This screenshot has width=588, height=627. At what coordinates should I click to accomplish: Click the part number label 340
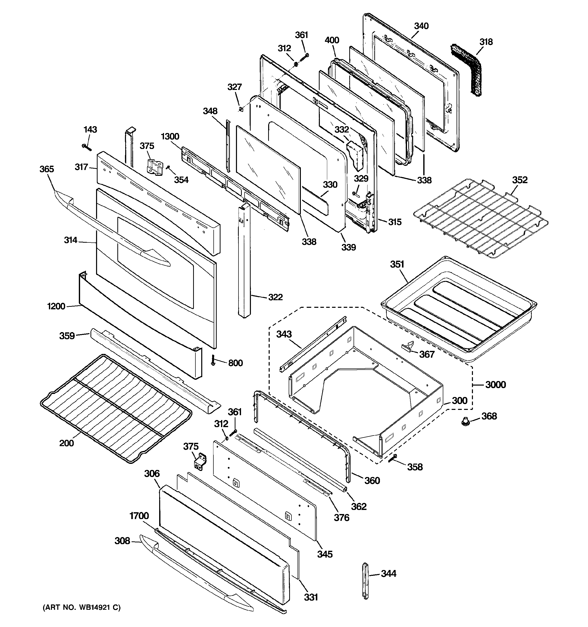click(x=421, y=26)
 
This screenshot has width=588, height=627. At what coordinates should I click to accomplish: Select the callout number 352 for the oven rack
click(x=520, y=180)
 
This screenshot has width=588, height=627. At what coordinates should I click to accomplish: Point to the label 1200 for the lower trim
click(x=56, y=306)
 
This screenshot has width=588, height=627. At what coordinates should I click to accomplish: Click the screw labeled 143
click(x=86, y=147)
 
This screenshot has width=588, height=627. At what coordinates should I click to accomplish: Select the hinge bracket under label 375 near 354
click(x=155, y=166)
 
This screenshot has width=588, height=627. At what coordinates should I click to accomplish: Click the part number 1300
click(x=170, y=137)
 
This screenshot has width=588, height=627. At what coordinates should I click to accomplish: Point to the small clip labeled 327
click(x=241, y=109)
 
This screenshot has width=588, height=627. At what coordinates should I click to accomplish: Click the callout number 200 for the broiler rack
click(x=67, y=443)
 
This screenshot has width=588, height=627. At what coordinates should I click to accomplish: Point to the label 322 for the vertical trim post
click(x=275, y=297)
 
